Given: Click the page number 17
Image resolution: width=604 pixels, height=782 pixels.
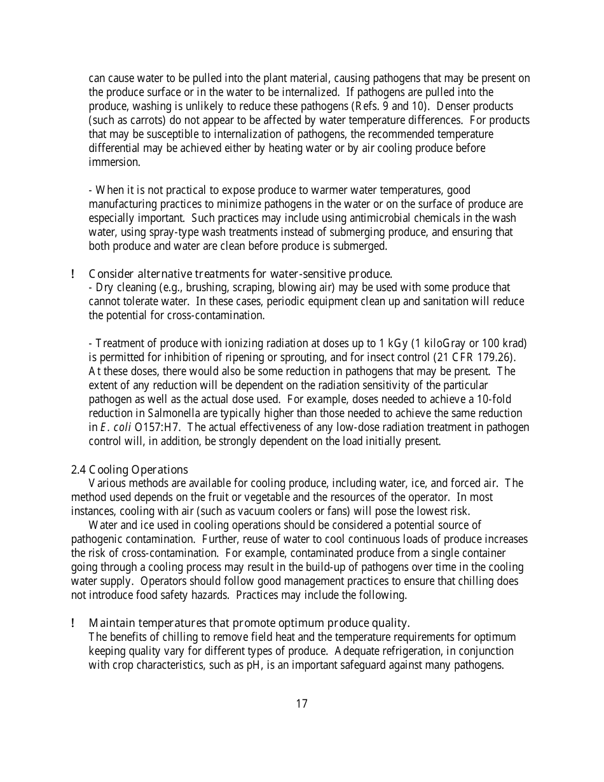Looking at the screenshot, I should point(301,704).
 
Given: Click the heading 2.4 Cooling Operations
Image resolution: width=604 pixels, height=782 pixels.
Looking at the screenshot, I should point(129,470).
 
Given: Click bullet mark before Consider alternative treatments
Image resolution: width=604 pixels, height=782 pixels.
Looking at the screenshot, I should point(74,274).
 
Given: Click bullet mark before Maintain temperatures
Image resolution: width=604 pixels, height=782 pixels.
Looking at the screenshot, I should point(74,623).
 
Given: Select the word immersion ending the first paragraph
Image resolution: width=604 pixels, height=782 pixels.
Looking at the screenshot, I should point(114,162).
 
